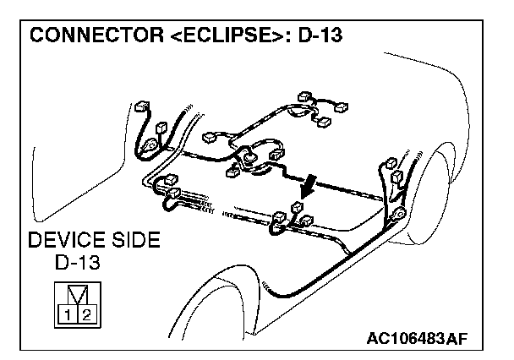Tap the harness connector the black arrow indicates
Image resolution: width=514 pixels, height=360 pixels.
tap(296, 208)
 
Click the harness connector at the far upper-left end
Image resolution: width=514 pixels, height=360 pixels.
tap(141, 108)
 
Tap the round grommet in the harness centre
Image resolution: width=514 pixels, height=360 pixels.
tap(250, 155)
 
